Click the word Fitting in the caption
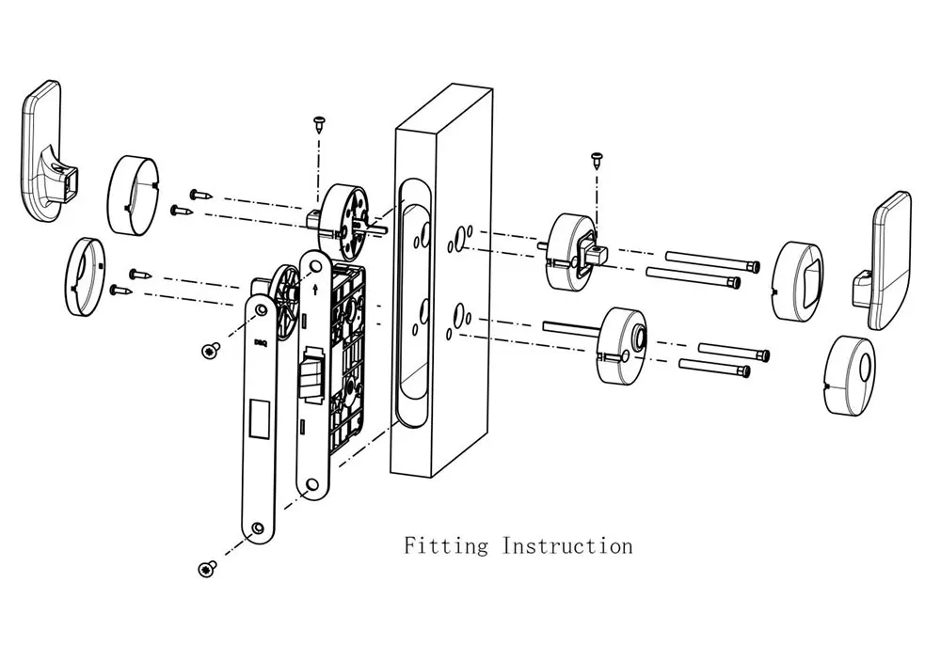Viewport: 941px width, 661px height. [x=446, y=546]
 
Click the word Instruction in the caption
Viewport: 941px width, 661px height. [x=567, y=545]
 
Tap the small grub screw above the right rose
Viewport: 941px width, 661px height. [x=597, y=160]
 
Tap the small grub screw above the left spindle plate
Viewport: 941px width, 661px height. [x=319, y=124]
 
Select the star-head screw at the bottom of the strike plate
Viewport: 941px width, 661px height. [x=208, y=569]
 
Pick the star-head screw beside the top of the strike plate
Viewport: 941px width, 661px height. [x=211, y=351]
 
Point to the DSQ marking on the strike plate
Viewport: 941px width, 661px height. [x=261, y=343]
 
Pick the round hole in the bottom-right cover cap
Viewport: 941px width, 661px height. [x=866, y=367]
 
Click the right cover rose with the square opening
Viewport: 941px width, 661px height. [x=797, y=280]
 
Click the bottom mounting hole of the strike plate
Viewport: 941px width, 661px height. [x=258, y=528]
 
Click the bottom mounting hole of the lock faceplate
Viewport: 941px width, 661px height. [x=312, y=484]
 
